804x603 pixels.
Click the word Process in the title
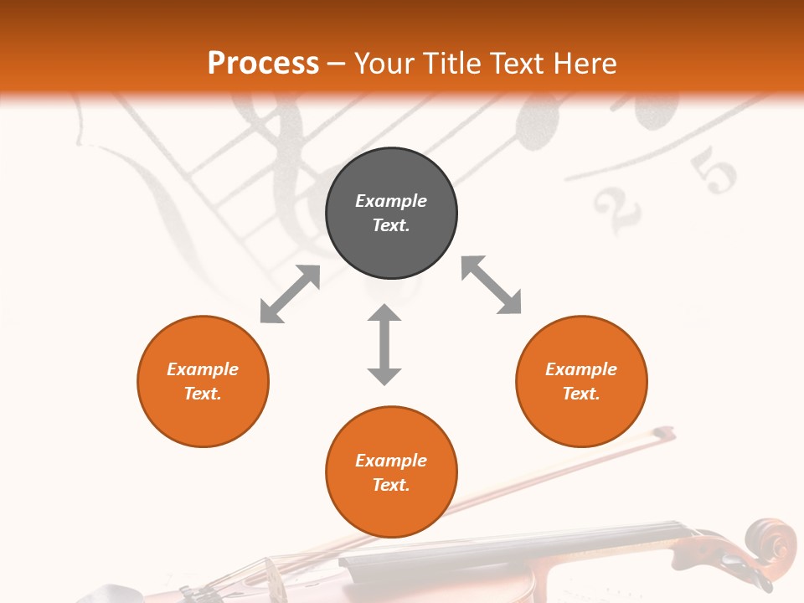point(263,64)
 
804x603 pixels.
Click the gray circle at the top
point(391,214)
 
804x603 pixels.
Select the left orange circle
point(203,381)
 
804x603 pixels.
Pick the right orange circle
point(581,381)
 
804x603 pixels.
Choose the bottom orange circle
point(391,472)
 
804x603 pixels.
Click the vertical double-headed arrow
point(384,344)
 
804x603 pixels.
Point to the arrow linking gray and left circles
point(290,294)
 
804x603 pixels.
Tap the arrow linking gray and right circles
point(492,285)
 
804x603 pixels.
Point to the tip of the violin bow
point(667,433)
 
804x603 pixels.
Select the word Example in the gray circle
point(391,201)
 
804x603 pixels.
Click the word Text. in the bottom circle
point(391,485)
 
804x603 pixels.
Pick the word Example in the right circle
point(581,369)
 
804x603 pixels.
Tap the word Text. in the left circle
point(203,394)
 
